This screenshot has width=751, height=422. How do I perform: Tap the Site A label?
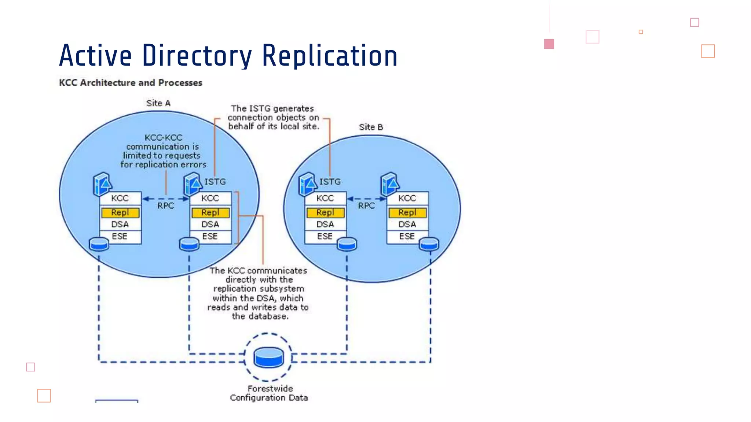(x=158, y=103)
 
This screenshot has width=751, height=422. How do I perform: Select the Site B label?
(x=371, y=127)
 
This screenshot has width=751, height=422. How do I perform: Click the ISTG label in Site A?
(x=215, y=182)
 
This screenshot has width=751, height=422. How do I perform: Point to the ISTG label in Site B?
(x=330, y=182)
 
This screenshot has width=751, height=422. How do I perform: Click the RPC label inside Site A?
(x=165, y=206)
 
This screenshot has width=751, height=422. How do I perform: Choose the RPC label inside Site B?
(x=366, y=206)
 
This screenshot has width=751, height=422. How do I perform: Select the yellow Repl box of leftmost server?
(x=120, y=212)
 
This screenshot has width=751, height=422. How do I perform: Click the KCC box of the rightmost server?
(x=407, y=198)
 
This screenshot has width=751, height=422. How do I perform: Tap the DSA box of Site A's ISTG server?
(x=210, y=224)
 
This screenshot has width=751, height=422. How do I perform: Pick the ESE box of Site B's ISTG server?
(x=325, y=237)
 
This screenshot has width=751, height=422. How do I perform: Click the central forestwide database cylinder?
(x=268, y=357)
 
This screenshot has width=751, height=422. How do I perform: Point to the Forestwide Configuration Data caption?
(x=269, y=393)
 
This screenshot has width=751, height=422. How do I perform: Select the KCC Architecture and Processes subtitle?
(x=131, y=83)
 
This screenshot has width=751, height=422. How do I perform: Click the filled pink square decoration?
(x=549, y=44)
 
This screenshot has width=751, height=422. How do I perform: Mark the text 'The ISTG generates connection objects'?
(x=273, y=113)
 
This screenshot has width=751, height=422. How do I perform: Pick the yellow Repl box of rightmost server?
(x=407, y=212)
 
